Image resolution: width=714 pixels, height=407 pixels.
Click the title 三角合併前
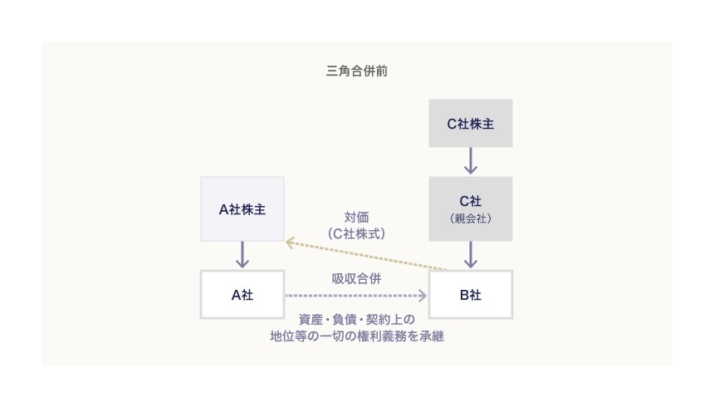(x=357, y=71)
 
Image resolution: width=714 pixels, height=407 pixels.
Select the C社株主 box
(x=471, y=124)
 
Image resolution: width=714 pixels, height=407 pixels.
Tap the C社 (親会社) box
(x=471, y=208)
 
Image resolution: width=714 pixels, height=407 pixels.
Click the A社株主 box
(x=242, y=209)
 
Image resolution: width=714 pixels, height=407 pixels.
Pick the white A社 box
(x=242, y=294)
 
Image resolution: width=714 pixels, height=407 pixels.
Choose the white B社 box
(x=471, y=294)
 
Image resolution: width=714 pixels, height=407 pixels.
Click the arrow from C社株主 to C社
(x=471, y=161)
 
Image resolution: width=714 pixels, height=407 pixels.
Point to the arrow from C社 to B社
(x=471, y=254)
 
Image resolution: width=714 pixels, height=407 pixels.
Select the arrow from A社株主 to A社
(x=242, y=254)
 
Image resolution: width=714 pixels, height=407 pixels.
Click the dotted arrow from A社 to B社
(x=355, y=295)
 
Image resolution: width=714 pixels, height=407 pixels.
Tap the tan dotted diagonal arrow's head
(x=290, y=242)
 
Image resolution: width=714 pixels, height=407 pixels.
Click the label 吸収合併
(x=357, y=278)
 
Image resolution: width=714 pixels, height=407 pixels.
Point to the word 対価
(x=357, y=217)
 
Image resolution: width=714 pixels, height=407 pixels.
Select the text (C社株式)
(x=357, y=233)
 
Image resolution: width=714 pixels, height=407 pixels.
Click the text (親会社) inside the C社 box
(x=471, y=218)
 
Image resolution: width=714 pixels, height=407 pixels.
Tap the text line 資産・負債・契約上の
(x=356, y=319)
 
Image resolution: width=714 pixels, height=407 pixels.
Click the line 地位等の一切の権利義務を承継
(x=356, y=336)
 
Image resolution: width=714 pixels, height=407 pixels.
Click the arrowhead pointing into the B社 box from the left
(x=423, y=295)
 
